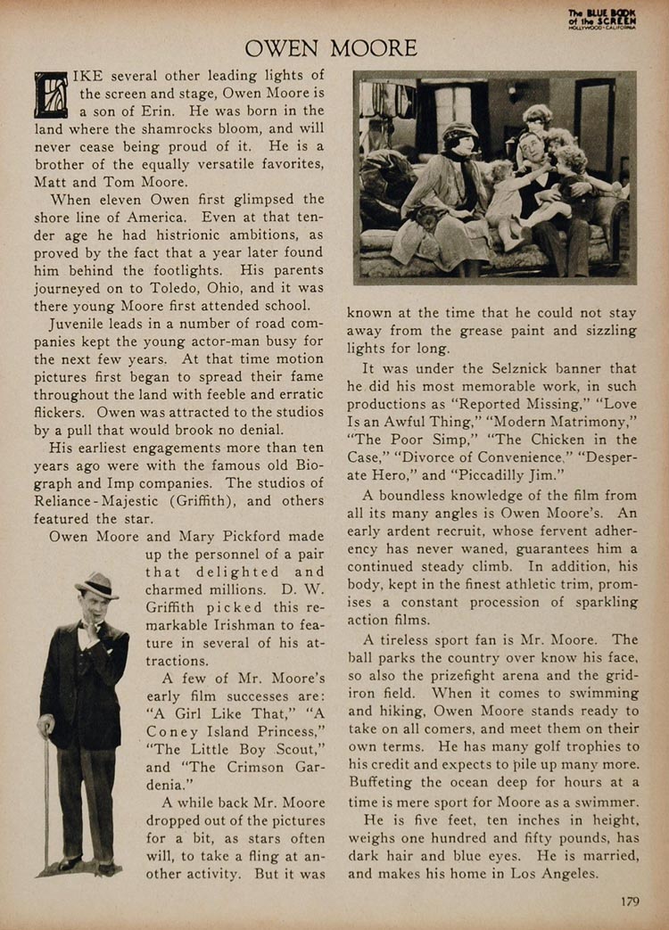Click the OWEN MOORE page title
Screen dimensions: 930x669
(x=331, y=48)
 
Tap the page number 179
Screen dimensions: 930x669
(x=629, y=901)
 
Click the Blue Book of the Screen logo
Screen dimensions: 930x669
(x=602, y=18)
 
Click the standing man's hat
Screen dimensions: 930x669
(x=96, y=585)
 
